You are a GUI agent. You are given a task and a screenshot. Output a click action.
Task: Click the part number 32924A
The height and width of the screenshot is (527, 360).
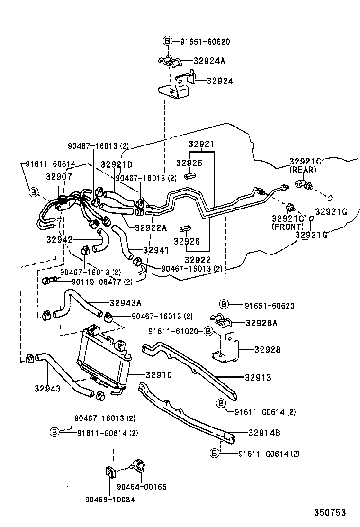click(209, 61)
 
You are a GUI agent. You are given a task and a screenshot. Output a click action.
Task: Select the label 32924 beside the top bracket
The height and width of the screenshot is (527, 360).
click(220, 81)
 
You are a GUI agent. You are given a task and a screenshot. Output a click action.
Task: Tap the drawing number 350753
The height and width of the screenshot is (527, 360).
click(330, 512)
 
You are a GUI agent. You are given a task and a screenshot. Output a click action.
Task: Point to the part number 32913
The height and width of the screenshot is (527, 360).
click(258, 378)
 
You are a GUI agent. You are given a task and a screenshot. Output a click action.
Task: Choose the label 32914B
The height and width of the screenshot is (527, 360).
click(264, 432)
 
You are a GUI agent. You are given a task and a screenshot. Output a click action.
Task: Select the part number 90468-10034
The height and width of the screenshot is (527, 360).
click(110, 500)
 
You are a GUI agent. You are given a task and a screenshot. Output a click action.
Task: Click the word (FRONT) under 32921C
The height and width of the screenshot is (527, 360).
click(288, 227)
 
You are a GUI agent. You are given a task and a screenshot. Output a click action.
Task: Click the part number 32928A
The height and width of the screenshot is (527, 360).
click(261, 323)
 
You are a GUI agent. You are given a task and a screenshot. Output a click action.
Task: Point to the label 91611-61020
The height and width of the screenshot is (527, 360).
click(175, 331)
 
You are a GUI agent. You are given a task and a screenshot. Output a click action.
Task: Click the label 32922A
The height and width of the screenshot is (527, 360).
click(151, 227)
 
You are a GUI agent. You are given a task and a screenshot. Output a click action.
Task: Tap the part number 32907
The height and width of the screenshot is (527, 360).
click(59, 176)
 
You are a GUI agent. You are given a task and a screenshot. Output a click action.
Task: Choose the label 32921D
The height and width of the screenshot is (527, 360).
click(117, 165)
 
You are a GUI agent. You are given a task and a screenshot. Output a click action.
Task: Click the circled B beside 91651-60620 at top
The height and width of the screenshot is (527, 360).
click(167, 41)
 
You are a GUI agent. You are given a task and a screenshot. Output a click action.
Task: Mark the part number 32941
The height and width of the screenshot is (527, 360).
click(155, 250)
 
